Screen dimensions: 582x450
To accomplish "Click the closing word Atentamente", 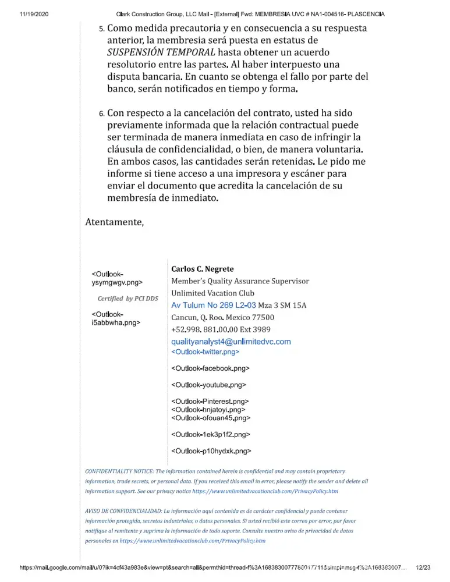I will (x=114, y=222).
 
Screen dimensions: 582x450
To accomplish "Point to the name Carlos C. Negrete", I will (x=202, y=269).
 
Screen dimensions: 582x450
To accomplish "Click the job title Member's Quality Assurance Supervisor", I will (x=240, y=281).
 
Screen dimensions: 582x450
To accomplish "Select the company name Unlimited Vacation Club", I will (x=212, y=293).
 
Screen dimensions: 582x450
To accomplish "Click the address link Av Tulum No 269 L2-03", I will (x=214, y=306).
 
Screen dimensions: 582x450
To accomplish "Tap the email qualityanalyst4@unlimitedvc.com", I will (x=231, y=342).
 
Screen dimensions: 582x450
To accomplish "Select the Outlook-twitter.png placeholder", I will (x=205, y=352).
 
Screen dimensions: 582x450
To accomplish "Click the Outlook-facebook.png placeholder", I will (x=210, y=368).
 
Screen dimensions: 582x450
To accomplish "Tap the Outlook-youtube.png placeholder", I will (x=208, y=385).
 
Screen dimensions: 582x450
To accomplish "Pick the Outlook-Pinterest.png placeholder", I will (x=210, y=401).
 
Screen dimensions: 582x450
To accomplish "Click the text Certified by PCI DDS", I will (x=127, y=299).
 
